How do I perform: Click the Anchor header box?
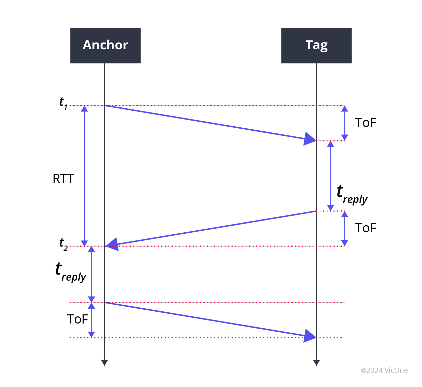coord(105,46)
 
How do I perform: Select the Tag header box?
coord(316,46)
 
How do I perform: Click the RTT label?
coord(63,179)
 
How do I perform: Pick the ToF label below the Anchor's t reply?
coord(77,319)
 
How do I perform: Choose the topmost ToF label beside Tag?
coord(366,123)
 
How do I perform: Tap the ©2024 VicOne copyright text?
coord(384,370)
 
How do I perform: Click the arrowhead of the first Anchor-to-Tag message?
coord(310,139)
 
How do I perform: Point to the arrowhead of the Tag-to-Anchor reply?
coord(112,244)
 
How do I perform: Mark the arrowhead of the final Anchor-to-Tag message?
coord(310,336)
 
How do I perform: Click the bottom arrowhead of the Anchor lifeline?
coord(105,362)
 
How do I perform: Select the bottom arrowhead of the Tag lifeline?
coord(316,362)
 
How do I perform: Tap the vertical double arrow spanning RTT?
coord(84,176)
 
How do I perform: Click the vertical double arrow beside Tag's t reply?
coord(331,176)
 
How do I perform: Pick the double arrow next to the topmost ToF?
coord(345,123)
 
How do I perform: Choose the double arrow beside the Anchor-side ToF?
coord(91,320)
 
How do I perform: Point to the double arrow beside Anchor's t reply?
coord(91,274)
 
